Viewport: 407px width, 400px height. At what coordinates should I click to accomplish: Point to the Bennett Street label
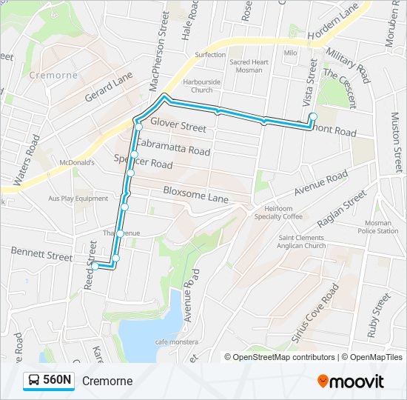41,255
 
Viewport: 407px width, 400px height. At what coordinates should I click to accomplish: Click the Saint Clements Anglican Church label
301,241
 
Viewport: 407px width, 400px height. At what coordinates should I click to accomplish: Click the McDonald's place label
80,162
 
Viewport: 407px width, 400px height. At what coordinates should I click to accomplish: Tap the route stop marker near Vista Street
313,116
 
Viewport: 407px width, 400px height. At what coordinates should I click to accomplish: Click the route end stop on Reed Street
95,266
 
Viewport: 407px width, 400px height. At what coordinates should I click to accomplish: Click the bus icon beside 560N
34,381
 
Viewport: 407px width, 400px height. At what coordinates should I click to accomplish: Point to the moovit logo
351,381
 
